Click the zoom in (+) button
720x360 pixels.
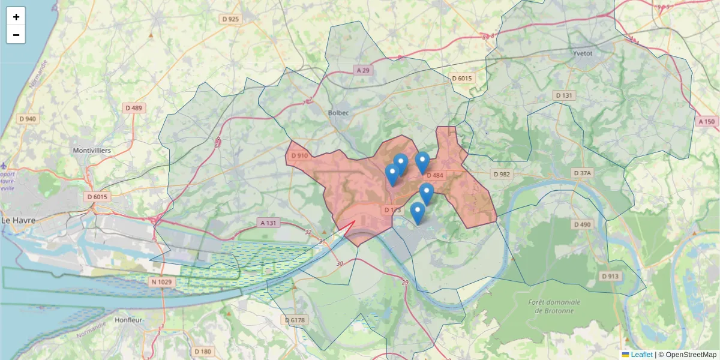[x=16, y=17]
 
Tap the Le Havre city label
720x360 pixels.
[x=19, y=220]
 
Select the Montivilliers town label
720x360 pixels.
[x=91, y=150]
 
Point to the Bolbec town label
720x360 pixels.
[x=339, y=113]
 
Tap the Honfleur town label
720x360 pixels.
[x=128, y=320]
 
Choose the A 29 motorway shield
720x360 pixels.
[x=363, y=70]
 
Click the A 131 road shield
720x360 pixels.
[x=269, y=223]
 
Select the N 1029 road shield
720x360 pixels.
[x=161, y=282]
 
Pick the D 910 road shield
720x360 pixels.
[x=299, y=156]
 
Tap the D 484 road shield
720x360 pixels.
[x=434, y=175]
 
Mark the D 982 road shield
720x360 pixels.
[x=501, y=174]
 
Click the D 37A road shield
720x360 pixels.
[x=582, y=173]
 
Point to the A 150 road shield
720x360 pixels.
[x=707, y=121]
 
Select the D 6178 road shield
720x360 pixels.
[x=295, y=320]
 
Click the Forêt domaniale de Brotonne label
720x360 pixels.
[x=551, y=306]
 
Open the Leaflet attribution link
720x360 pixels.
[x=641, y=355]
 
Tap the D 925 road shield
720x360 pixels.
[x=230, y=19]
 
